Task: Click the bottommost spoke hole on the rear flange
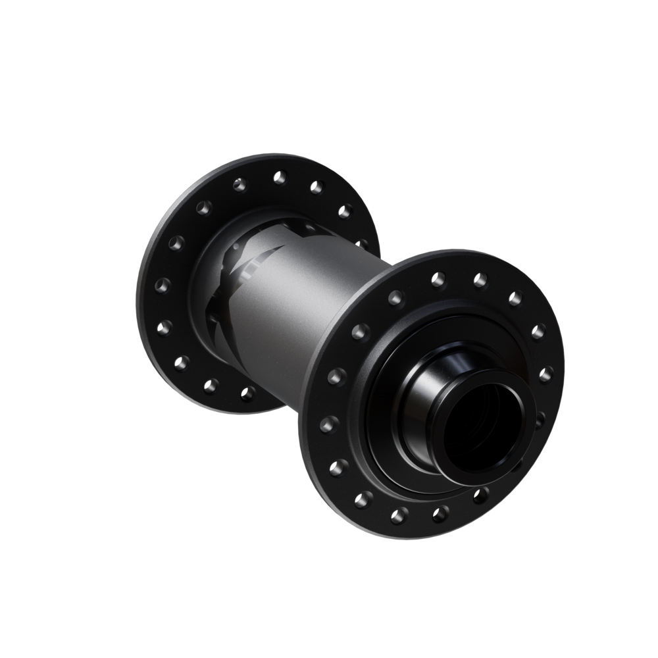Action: [249, 393]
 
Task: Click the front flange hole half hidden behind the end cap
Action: [540, 417]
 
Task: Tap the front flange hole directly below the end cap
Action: [485, 493]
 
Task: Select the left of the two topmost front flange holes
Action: [436, 278]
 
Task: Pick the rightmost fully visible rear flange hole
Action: [344, 212]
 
